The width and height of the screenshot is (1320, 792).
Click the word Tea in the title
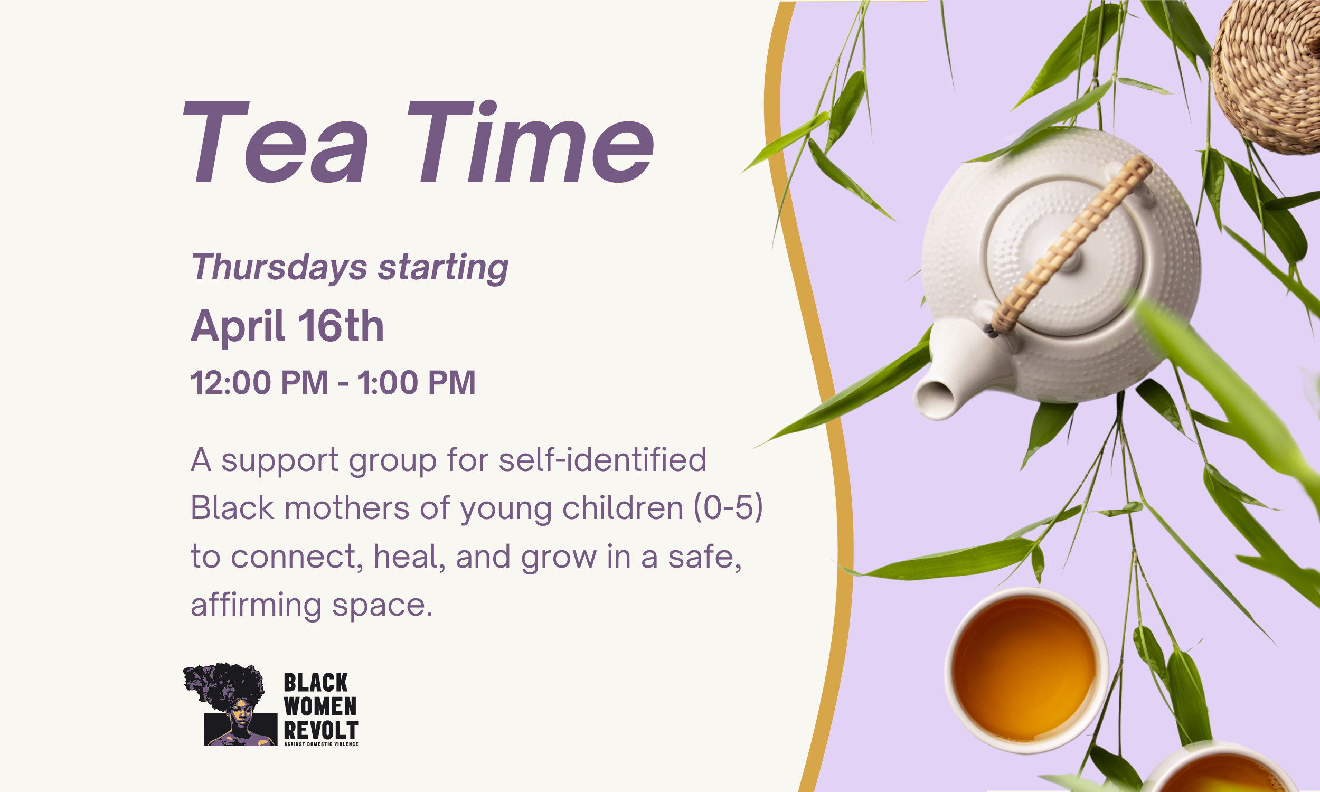pyautogui.click(x=275, y=143)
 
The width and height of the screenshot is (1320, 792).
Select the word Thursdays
pyautogui.click(x=279, y=267)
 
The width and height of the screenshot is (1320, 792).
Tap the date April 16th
pyautogui.click(x=287, y=326)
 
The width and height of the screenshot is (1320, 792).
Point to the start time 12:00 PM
pyautogui.click(x=259, y=383)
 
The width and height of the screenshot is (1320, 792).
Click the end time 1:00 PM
pyautogui.click(x=416, y=383)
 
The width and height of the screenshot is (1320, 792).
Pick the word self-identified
pyautogui.click(x=602, y=460)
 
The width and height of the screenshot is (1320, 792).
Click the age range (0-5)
pyautogui.click(x=728, y=508)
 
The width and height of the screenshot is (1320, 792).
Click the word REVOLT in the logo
pyautogui.click(x=320, y=730)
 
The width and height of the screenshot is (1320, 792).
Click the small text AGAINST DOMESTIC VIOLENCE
pyautogui.click(x=320, y=744)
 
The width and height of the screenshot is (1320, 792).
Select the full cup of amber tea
pyautogui.click(x=1025, y=671)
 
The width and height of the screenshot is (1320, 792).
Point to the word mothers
pyautogui.click(x=347, y=508)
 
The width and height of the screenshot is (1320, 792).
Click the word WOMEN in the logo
pyautogui.click(x=319, y=706)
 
